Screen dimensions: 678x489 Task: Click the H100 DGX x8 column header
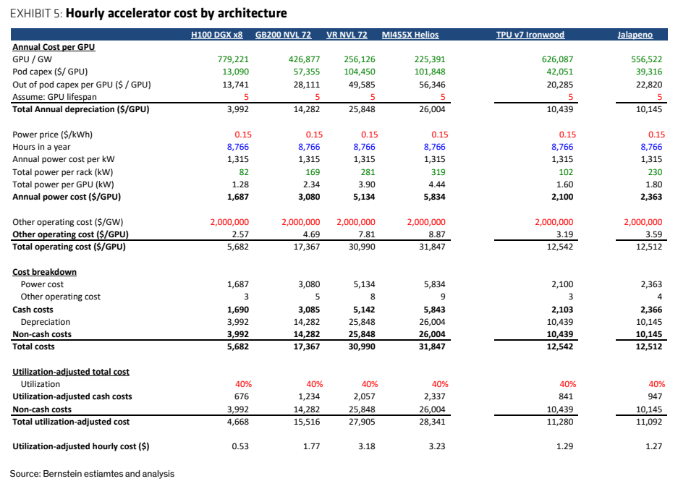tap(216, 35)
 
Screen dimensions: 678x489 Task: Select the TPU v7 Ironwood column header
tap(530, 35)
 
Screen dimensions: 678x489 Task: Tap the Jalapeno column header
tap(635, 35)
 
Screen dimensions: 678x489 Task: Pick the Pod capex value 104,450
tap(360, 72)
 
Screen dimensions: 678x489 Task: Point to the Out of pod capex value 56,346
tap(432, 85)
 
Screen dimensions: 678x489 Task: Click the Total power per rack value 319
tap(438, 172)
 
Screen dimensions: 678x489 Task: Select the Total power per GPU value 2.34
tap(311, 184)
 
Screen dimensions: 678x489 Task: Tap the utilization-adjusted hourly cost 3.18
tap(367, 446)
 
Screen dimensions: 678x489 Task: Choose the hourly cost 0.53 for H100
tap(240, 446)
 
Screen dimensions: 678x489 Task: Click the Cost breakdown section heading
tap(45, 272)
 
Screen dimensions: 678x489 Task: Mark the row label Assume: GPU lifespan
tap(54, 97)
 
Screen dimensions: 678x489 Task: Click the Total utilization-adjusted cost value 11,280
tap(560, 422)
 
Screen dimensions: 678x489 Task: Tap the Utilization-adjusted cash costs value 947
tap(655, 396)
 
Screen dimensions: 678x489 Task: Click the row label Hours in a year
tap(41, 147)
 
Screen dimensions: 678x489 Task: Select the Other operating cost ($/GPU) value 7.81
tap(367, 234)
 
